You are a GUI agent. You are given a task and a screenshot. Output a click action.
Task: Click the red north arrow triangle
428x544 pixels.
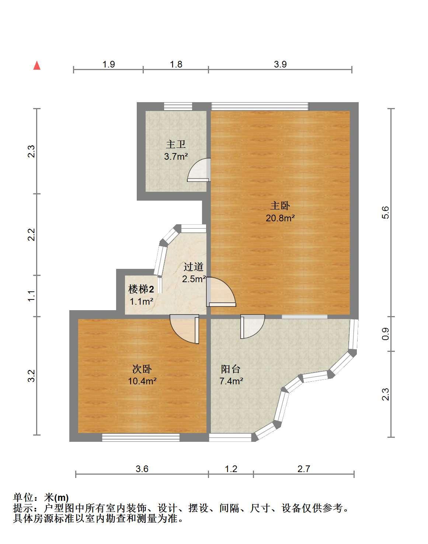pyautogui.click(x=37, y=66)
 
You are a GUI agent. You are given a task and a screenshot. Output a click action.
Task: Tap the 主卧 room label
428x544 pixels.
pyautogui.click(x=280, y=206)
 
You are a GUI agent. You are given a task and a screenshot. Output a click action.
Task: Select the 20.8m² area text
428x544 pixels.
pyautogui.click(x=280, y=218)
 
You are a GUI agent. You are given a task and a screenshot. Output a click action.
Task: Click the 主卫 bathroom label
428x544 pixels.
pyautogui.click(x=175, y=144)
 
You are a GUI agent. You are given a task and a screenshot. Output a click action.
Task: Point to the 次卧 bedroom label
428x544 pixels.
pyautogui.click(x=142, y=369)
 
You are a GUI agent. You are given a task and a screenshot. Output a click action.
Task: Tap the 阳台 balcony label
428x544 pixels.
pyautogui.click(x=230, y=369)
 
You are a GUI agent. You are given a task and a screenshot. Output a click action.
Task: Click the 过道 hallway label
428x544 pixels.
pyautogui.click(x=193, y=267)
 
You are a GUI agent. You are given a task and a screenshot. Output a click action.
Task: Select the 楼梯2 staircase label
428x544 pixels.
pyautogui.click(x=141, y=289)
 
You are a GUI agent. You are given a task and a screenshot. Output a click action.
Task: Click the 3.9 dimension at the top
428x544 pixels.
pyautogui.click(x=280, y=64)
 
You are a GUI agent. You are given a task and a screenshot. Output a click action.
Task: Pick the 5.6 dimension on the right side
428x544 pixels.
pyautogui.click(x=386, y=212)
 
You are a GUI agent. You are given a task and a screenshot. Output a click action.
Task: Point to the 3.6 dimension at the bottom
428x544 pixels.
pyautogui.click(x=142, y=469)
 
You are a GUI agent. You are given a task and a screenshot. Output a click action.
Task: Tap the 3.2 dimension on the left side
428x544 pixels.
pyautogui.click(x=31, y=376)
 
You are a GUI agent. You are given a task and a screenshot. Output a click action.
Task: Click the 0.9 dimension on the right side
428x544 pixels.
pyautogui.click(x=386, y=334)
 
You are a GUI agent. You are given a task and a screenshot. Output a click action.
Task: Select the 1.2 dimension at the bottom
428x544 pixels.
pyautogui.click(x=231, y=469)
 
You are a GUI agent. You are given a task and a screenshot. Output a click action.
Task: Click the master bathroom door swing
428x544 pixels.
pyautogui.click(x=199, y=170)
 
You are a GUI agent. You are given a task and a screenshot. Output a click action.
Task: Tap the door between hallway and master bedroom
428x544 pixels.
pyautogui.click(x=221, y=292)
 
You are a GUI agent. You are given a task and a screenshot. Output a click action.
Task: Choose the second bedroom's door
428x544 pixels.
pyautogui.click(x=184, y=329)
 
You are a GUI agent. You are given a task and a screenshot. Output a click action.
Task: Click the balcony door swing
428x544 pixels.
pyautogui.click(x=253, y=326)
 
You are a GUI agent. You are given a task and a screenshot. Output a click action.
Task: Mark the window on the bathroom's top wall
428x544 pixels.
pyautogui.click(x=178, y=107)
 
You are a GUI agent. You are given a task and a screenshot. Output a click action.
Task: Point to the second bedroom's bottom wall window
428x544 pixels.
pyautogui.click(x=141, y=437)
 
